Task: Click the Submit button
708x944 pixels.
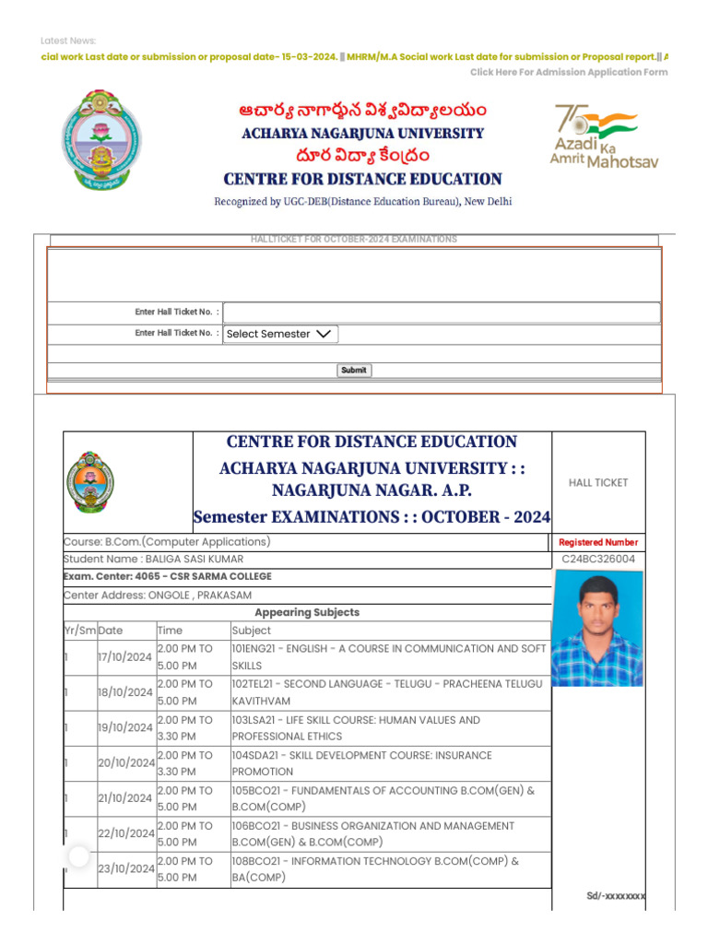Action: [354, 370]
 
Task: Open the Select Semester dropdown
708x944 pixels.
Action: [280, 334]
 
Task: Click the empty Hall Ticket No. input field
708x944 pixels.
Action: [442, 313]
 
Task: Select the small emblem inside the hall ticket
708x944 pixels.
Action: [90, 482]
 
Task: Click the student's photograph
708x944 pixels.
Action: [596, 631]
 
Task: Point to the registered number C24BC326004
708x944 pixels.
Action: [598, 559]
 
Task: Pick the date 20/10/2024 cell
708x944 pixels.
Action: [126, 763]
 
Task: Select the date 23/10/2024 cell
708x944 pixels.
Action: [126, 868]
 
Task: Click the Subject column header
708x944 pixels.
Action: [252, 631]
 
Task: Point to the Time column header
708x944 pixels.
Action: [170, 631]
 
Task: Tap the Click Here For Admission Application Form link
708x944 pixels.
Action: [569, 72]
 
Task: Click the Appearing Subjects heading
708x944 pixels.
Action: [307, 612]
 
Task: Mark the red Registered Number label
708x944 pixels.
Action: [598, 542]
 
